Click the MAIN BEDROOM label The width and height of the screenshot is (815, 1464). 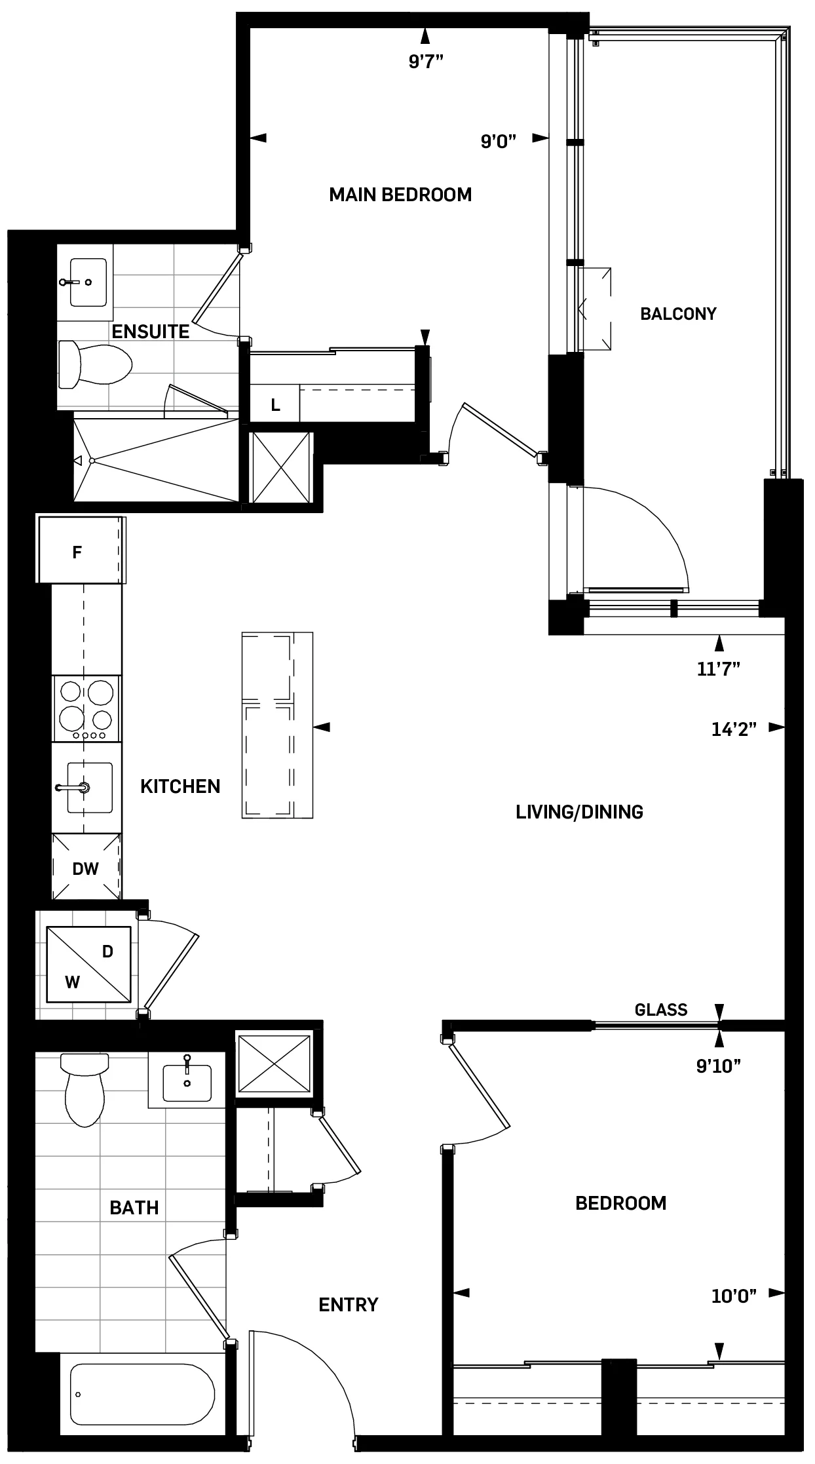pyautogui.click(x=400, y=195)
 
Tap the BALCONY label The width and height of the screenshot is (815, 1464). pyautogui.click(x=678, y=314)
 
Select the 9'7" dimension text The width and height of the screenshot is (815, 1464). pyautogui.click(x=426, y=62)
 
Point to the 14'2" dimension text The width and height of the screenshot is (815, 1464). pyautogui.click(x=734, y=729)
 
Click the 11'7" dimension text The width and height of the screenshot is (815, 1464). pyautogui.click(x=719, y=668)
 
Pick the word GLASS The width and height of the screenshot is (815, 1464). pyautogui.click(x=660, y=1010)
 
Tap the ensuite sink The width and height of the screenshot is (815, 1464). pyautogui.click(x=88, y=282)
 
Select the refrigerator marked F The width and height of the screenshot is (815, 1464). pyautogui.click(x=77, y=552)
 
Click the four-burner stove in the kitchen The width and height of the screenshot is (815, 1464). pyautogui.click(x=86, y=708)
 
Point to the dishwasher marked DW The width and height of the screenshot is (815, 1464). pyautogui.click(x=86, y=869)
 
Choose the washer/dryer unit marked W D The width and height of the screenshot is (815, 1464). pyautogui.click(x=88, y=964)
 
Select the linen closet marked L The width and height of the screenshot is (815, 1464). pyautogui.click(x=276, y=406)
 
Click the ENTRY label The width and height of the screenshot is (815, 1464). pyautogui.click(x=348, y=1305)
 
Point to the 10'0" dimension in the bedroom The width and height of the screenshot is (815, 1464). pyautogui.click(x=734, y=1295)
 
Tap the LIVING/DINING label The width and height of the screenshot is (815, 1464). pyautogui.click(x=579, y=812)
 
